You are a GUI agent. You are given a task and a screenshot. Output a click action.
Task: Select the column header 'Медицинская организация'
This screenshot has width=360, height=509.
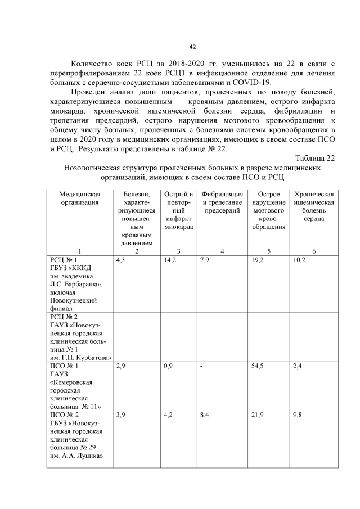point(79,198)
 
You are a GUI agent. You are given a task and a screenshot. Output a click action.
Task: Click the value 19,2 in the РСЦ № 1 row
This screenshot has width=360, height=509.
point(258,260)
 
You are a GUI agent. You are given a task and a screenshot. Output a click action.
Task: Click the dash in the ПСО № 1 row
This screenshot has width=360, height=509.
point(202,366)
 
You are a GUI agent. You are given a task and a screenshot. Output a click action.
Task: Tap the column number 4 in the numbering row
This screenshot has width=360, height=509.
point(222,251)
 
